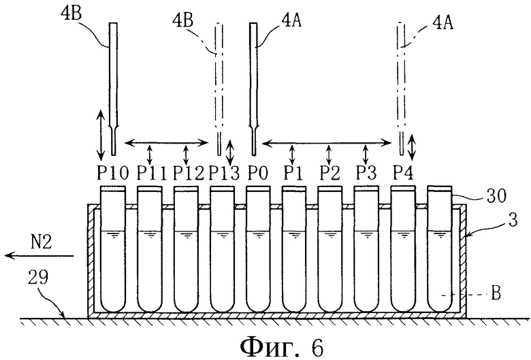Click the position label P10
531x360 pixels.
[x=113, y=174]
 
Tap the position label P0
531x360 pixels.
[x=258, y=174]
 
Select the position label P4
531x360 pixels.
[x=403, y=174]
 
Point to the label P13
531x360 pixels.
[x=224, y=174]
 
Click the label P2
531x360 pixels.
[x=330, y=174]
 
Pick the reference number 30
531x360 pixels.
[x=496, y=195]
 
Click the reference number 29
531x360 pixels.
[x=38, y=277]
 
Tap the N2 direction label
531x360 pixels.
[x=41, y=242]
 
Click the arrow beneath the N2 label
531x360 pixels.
[x=39, y=255]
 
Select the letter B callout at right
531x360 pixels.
[x=496, y=293]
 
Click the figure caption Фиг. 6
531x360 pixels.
[x=282, y=347]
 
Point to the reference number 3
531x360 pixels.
[x=513, y=220]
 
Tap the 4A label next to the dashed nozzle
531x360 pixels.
[x=443, y=22]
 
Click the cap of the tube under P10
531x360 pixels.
[x=113, y=189]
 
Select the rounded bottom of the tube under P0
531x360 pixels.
[x=258, y=305]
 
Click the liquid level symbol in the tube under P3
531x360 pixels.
[x=367, y=234]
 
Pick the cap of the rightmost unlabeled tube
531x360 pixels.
[x=440, y=189]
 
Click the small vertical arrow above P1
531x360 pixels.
[x=292, y=154]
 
